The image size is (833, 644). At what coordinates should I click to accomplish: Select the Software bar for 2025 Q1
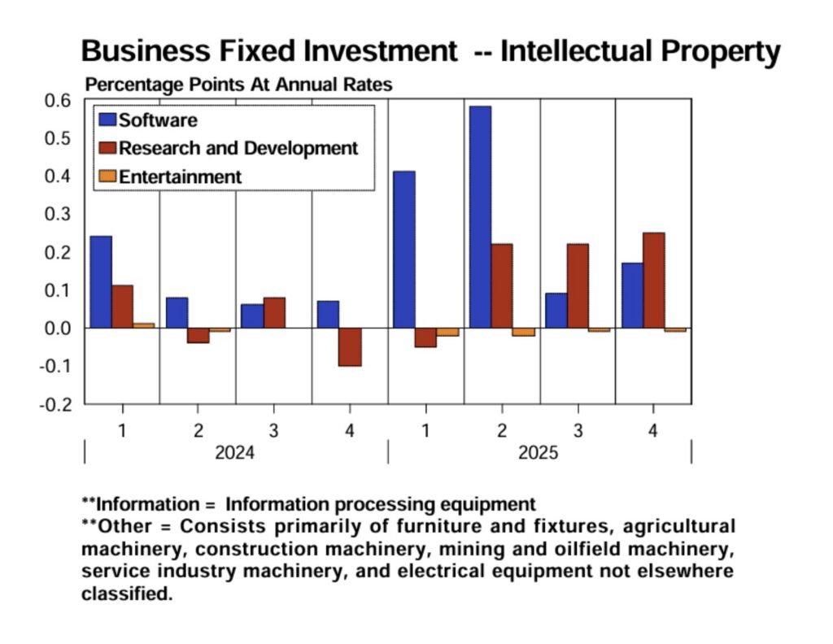(x=404, y=250)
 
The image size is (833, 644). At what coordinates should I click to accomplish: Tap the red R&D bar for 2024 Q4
(x=350, y=347)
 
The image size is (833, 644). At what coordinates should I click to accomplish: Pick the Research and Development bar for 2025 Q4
(x=653, y=281)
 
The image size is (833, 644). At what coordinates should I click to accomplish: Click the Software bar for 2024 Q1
(x=101, y=282)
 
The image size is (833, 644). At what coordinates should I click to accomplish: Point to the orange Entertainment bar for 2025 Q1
(x=447, y=332)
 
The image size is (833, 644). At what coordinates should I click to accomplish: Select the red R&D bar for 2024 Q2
(x=198, y=335)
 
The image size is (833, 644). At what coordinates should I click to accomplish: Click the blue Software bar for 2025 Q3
(x=556, y=311)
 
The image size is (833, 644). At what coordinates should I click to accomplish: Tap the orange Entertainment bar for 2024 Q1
(x=144, y=325)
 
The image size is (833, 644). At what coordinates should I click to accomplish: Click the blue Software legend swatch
(x=107, y=120)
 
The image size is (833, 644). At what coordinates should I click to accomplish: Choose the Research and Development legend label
(x=238, y=148)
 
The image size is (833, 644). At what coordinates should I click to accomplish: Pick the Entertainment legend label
(x=180, y=176)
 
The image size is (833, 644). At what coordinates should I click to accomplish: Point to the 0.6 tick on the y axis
(x=60, y=100)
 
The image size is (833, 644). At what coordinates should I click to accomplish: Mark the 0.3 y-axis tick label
(x=60, y=214)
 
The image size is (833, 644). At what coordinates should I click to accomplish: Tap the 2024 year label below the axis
(x=234, y=453)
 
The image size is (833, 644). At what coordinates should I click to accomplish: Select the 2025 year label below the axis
(x=539, y=453)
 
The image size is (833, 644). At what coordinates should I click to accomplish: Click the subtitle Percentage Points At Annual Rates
(x=239, y=85)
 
